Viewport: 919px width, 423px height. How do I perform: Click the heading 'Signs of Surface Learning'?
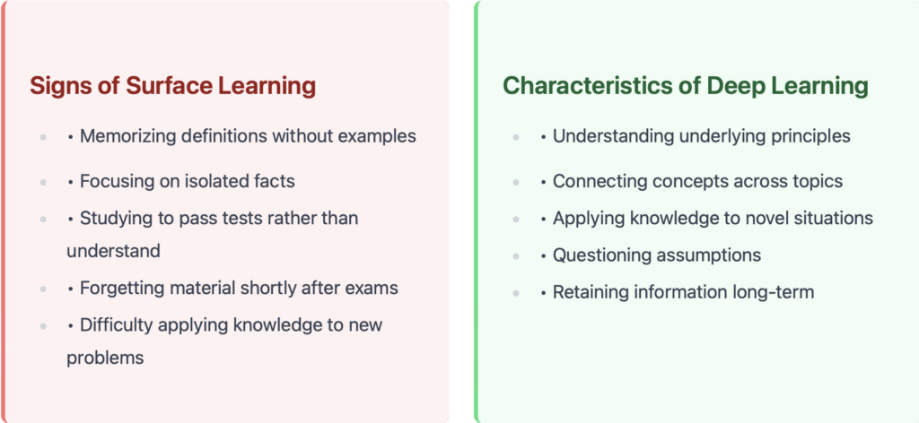coord(173,86)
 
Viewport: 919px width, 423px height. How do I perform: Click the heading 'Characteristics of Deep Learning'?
coord(685,86)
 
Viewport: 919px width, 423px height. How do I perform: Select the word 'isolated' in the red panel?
coord(219,181)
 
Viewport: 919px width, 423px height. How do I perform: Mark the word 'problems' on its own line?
coord(106,358)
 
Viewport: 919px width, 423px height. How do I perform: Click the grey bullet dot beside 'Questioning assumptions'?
coord(516,255)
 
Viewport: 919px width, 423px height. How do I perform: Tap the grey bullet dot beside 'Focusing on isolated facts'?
coord(43,182)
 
